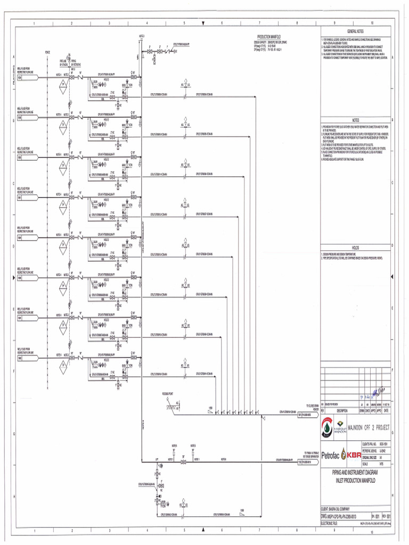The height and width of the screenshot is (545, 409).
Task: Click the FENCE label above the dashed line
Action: (47, 52)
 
